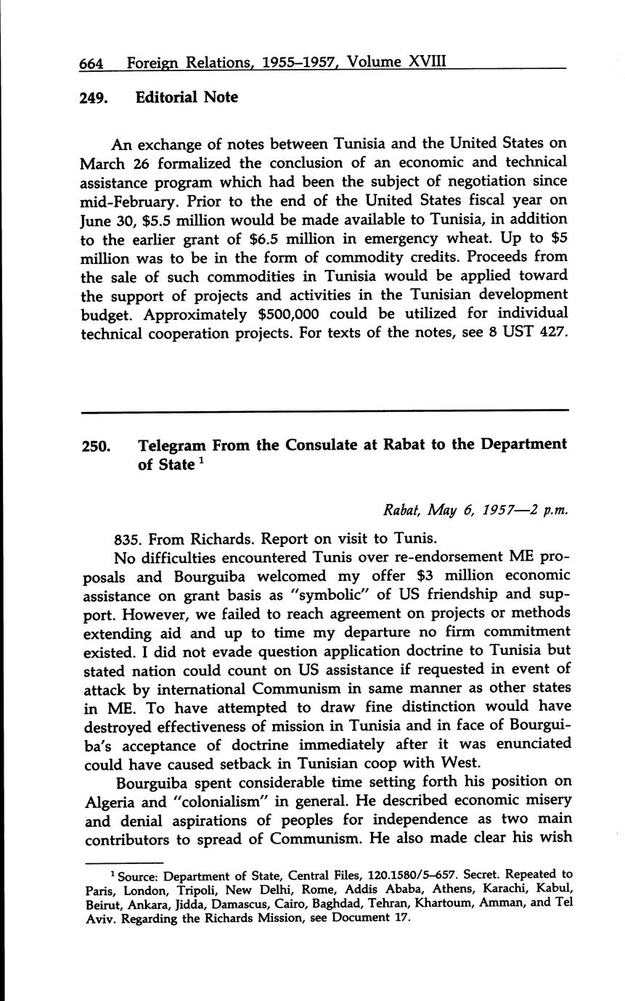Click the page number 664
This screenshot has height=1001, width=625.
tap(91, 63)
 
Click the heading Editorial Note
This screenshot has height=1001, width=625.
tap(187, 96)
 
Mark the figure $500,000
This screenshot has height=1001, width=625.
tap(297, 313)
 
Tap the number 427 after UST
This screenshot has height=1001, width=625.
tap(550, 332)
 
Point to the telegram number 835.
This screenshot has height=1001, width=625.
tap(128, 539)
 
